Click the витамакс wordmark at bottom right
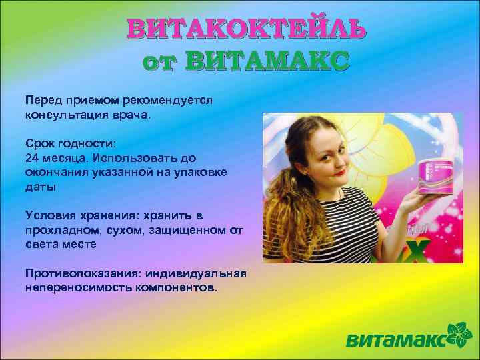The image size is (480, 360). tap(397, 341)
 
